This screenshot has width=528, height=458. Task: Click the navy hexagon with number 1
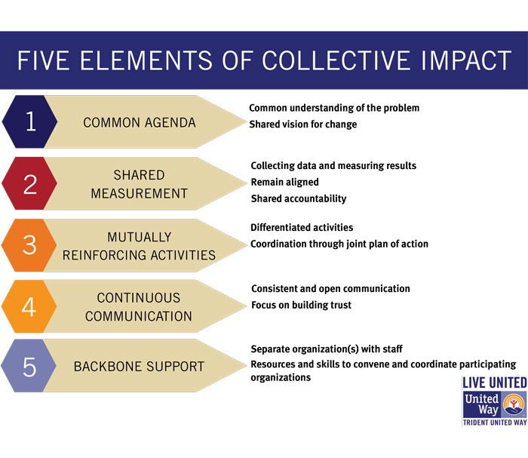(29, 121)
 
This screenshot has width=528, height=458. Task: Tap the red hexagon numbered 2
(29, 183)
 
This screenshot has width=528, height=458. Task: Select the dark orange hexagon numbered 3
(29, 245)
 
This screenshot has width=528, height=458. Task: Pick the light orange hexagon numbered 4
(29, 306)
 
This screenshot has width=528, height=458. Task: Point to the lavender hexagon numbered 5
(29, 366)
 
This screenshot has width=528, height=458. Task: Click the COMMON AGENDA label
(140, 122)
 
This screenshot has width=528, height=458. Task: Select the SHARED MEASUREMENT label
(139, 184)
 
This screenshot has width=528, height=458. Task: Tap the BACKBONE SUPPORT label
(139, 367)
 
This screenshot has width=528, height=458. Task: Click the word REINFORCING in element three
(105, 255)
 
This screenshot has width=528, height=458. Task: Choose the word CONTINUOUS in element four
(138, 298)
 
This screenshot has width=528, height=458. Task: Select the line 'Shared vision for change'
(303, 124)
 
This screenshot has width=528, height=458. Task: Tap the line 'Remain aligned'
(285, 182)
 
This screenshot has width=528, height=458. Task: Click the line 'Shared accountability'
(299, 198)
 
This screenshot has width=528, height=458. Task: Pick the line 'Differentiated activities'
(302, 227)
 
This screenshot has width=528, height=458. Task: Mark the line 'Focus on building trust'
(302, 305)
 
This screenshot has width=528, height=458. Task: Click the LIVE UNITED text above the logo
(495, 383)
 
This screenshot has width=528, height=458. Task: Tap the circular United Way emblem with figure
(514, 404)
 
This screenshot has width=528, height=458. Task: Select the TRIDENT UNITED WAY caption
(495, 423)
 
